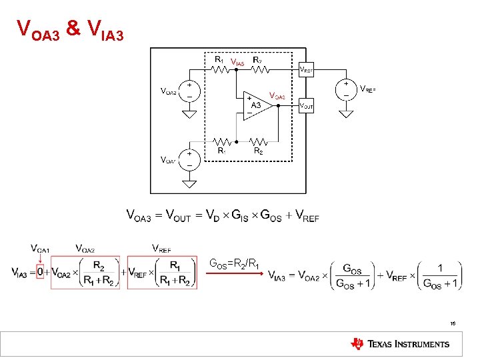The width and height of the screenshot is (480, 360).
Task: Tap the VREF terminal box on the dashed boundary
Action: [x=307, y=69]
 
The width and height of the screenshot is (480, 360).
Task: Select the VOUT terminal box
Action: [x=307, y=105]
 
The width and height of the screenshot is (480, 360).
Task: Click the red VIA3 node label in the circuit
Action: [x=237, y=63]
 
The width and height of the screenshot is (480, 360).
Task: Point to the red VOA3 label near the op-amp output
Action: [x=277, y=96]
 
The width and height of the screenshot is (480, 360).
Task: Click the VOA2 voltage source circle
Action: [x=190, y=91]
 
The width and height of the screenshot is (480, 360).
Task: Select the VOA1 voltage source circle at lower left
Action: [x=190, y=159]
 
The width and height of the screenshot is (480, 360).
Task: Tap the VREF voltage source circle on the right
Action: [x=346, y=89]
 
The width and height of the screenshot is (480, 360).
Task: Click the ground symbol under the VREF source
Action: [x=346, y=113]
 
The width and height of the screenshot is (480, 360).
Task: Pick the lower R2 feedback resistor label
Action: [x=259, y=151]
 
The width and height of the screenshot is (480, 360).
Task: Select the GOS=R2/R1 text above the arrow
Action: [x=235, y=262]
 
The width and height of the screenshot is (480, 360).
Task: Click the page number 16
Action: [x=453, y=323]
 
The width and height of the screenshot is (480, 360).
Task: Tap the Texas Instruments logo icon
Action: [x=357, y=344]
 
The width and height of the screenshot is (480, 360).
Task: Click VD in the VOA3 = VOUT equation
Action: [x=213, y=217]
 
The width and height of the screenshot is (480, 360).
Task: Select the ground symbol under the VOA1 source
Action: [x=190, y=183]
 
